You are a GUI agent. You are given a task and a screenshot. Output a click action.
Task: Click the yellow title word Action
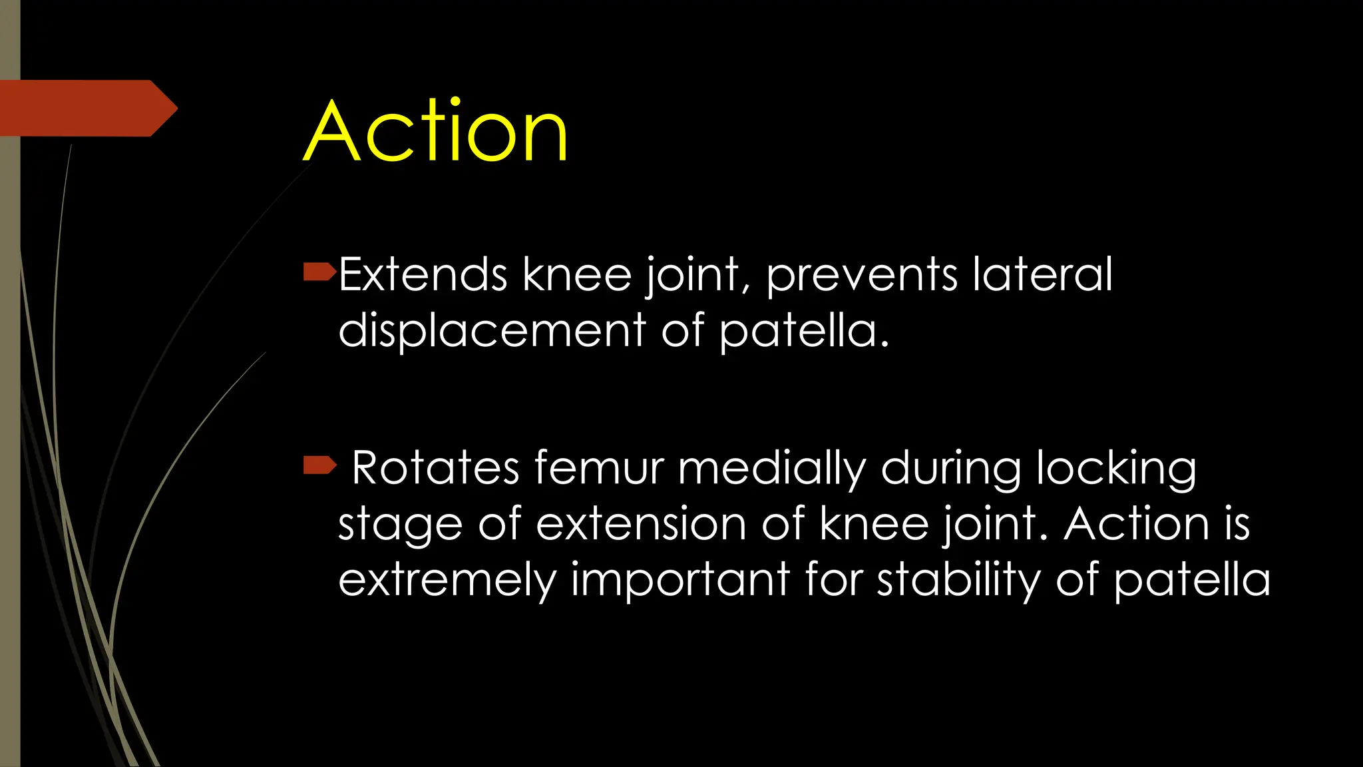(x=436, y=131)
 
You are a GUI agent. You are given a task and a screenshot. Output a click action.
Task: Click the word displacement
(x=492, y=331)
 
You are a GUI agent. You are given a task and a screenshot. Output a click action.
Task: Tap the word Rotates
(x=435, y=467)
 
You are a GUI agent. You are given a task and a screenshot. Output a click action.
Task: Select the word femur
(x=599, y=467)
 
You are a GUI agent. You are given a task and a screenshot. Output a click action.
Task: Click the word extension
(x=641, y=524)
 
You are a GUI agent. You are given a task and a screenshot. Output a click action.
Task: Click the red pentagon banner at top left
(x=87, y=108)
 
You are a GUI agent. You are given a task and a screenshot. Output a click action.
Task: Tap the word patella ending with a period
(x=803, y=331)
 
